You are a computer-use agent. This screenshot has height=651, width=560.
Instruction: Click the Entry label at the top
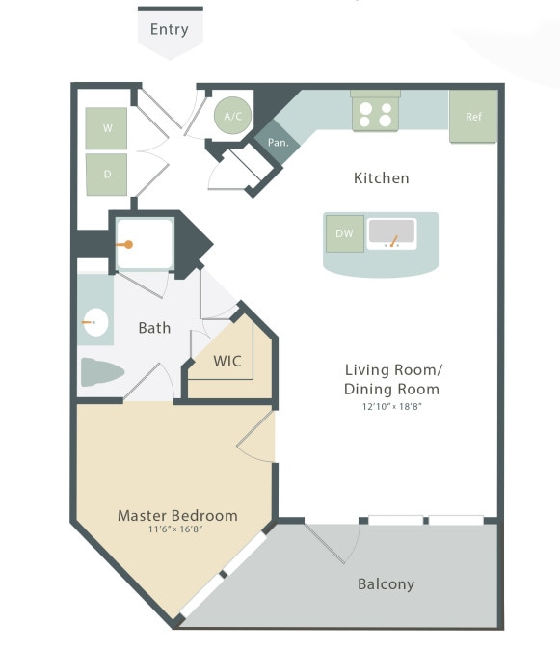coord(170,29)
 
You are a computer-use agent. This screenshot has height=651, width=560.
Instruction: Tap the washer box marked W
coord(106,128)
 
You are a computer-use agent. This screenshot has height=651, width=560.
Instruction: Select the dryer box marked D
coord(106,175)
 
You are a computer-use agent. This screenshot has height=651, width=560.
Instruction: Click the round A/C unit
coord(232,116)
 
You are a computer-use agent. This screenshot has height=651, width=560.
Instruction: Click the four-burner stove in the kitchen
coord(376,114)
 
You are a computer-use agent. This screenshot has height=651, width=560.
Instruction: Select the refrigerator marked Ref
coord(473,117)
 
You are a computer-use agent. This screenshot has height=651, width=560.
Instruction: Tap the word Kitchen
coord(381,178)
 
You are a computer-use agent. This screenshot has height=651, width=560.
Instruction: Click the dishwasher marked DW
coord(344,233)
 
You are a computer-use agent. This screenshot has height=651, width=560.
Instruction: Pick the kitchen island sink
coord(391,233)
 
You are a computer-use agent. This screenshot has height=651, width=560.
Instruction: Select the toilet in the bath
coord(103,372)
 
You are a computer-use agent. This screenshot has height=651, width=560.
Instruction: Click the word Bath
coord(154,328)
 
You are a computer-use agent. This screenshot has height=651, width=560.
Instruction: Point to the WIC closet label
coord(227,362)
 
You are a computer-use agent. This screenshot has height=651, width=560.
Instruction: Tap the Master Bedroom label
coord(177,515)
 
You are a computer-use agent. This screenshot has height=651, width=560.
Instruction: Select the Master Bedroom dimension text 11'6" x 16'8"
coord(175,529)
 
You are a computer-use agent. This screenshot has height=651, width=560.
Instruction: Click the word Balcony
coord(386,584)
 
